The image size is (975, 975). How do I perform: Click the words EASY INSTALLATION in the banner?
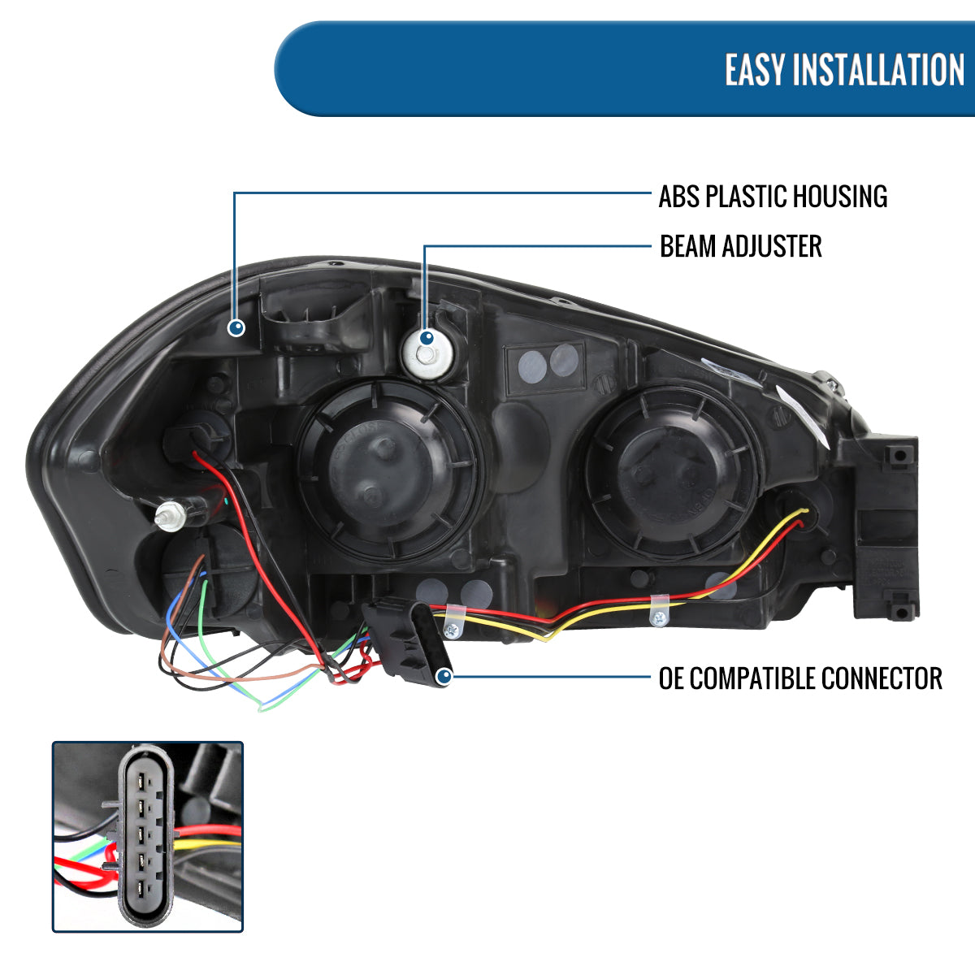coord(844,70)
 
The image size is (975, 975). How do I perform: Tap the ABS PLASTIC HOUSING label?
coord(773,197)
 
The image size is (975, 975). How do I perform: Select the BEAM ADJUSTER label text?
coord(740,246)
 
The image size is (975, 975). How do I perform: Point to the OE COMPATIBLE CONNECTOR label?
coord(800,678)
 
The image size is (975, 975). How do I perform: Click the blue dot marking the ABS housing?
coord(236,327)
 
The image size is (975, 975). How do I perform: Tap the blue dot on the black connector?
coord(444,676)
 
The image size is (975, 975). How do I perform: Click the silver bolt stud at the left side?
coord(171,515)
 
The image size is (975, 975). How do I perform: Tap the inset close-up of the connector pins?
coord(148,836)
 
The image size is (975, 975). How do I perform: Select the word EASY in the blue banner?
coord(756,70)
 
